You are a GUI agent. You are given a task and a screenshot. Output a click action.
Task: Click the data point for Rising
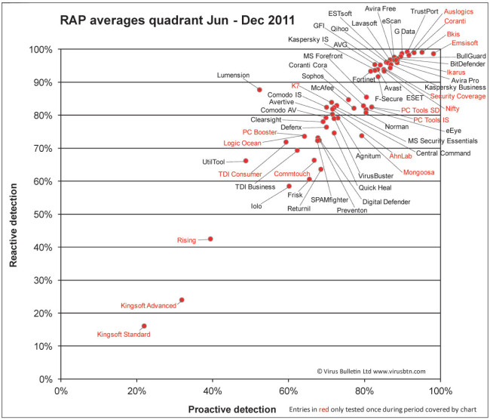210,239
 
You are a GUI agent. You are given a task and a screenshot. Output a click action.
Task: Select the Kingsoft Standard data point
144,326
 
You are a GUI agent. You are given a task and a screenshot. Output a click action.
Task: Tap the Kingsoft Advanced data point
182,300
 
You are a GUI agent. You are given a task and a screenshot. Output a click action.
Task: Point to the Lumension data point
259,90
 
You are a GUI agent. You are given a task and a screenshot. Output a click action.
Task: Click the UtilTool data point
246,161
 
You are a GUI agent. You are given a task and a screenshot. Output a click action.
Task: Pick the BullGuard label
471,57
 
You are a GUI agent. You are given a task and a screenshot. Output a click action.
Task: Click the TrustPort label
424,11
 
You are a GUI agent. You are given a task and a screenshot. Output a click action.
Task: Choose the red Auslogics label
460,12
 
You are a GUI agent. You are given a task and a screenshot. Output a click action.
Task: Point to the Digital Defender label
387,202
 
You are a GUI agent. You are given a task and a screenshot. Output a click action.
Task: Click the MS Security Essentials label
443,141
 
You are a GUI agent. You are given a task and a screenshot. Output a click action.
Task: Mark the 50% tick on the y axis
43,215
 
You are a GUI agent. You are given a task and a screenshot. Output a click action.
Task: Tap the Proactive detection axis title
232,409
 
